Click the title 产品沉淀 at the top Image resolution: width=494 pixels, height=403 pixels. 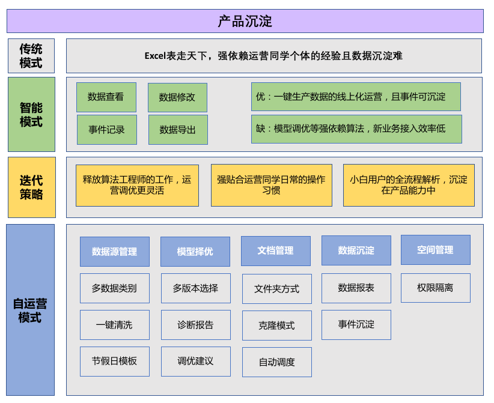245,21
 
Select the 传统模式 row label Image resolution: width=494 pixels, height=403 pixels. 31,56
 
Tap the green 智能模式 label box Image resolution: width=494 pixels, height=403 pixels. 31,114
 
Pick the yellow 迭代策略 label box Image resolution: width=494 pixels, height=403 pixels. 31,187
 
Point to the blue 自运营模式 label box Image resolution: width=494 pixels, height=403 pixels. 30,310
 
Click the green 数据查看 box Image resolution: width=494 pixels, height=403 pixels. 106,97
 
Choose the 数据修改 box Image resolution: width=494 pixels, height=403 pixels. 177,97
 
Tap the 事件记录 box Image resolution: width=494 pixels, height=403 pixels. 106,130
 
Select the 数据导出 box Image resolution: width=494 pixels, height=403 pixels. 178,130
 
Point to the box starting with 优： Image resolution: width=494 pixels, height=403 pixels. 356,97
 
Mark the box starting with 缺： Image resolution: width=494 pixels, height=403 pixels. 356,129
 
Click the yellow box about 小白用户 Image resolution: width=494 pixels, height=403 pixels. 408,185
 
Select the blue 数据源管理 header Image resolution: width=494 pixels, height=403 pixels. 114,252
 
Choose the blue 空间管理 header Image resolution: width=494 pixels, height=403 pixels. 435,250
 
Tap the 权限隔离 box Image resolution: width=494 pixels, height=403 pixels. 435,288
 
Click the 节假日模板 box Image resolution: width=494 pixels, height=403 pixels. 114,362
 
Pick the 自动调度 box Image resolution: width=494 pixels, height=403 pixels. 276,362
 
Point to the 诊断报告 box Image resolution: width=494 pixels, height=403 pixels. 195,325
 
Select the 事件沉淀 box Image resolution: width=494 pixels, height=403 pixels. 356,324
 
